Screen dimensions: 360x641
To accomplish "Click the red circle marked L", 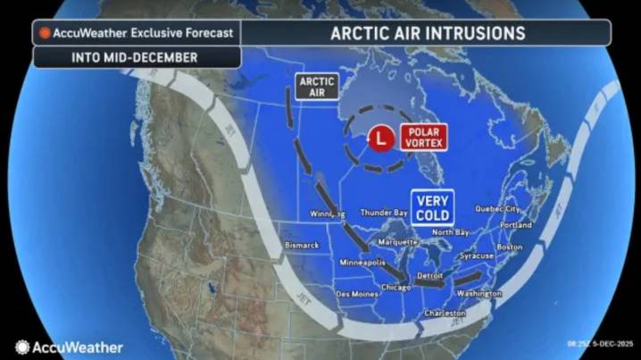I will pos(381,138).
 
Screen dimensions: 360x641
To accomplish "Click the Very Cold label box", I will pos(432,208).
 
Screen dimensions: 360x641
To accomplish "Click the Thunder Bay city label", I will pos(385,213).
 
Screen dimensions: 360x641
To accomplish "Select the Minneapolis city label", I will pos(362,263).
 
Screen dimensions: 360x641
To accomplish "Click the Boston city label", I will pos(509,247).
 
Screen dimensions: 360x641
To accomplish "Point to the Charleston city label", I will pos(445,314).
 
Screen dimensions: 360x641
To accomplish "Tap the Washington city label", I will pos(479,293).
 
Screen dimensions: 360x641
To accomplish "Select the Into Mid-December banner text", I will pos(136,56).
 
